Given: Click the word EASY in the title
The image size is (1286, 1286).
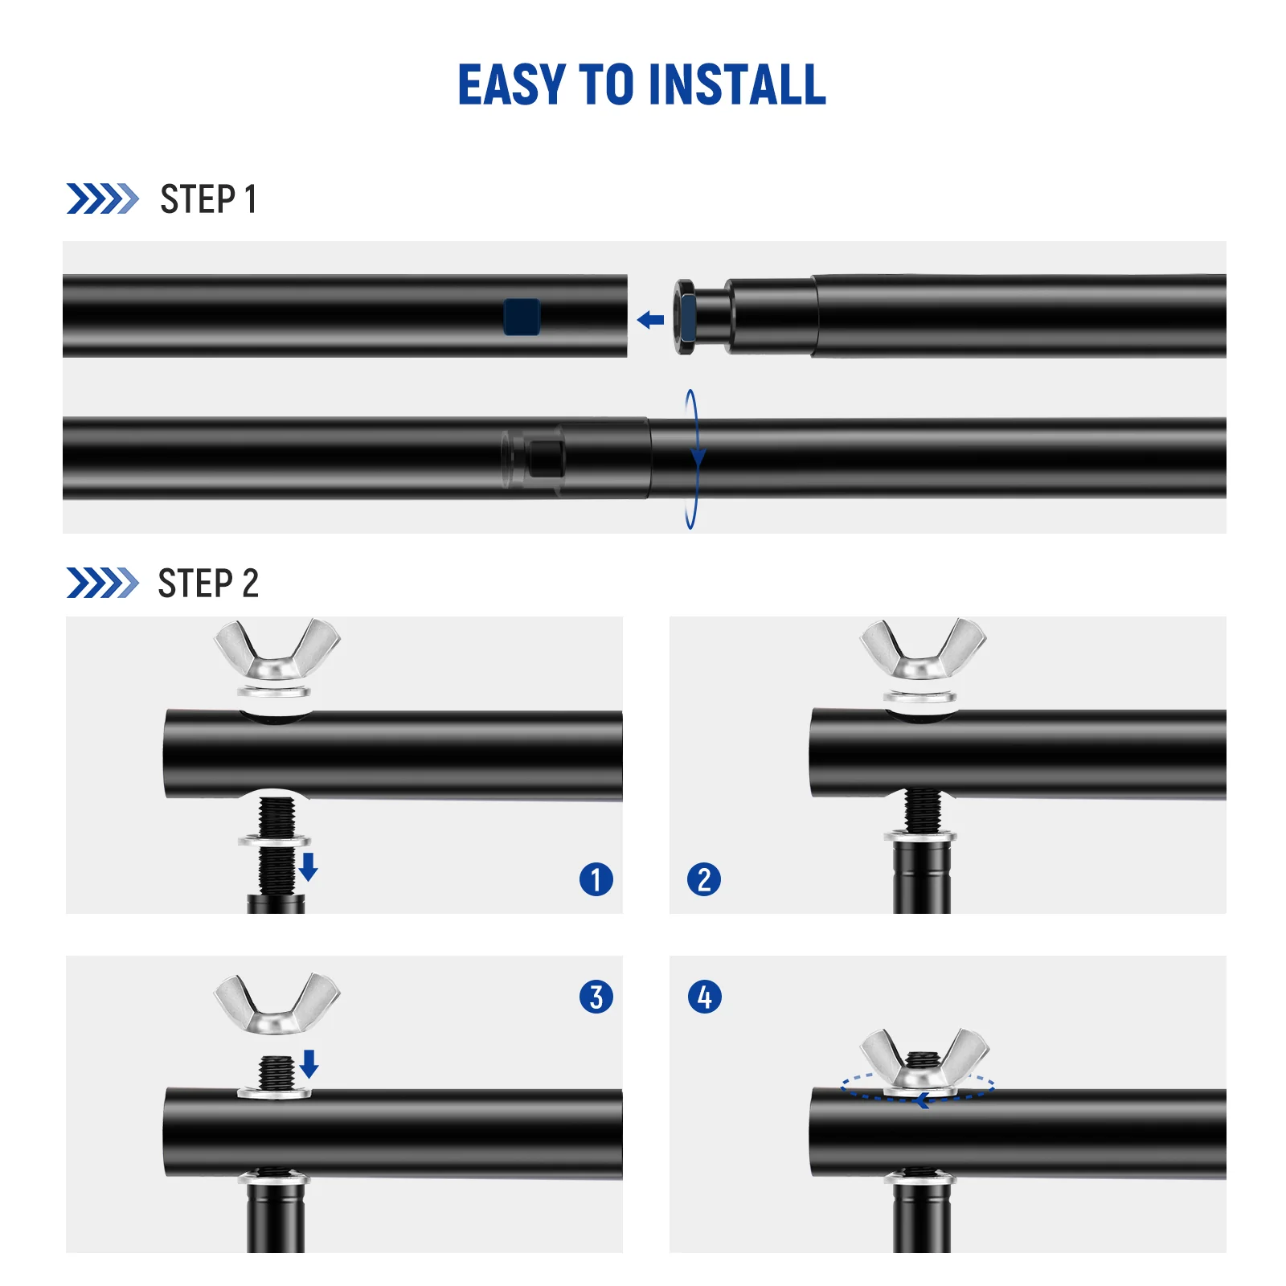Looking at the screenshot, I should (511, 85).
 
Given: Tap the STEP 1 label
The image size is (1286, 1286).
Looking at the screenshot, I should (208, 199).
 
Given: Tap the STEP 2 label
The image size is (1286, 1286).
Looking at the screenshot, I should (208, 584).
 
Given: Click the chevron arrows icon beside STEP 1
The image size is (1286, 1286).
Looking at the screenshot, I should (102, 199).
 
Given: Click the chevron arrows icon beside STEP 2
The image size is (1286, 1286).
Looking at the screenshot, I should (102, 583).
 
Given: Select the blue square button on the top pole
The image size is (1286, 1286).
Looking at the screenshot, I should (522, 317).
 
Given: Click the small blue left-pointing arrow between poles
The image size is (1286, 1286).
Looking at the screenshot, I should (650, 321).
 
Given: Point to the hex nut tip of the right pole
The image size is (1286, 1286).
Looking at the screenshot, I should (686, 316).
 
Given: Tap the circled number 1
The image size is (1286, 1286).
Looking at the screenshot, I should (596, 879).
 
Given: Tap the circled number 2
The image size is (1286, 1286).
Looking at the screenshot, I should (704, 879).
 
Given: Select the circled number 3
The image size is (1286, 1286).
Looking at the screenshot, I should (596, 997).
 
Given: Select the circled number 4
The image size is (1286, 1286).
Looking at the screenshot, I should (705, 997).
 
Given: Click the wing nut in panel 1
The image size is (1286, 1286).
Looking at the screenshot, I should (276, 651).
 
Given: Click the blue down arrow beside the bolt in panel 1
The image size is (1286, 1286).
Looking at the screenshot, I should (309, 867).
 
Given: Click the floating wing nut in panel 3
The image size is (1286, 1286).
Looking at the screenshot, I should (276, 1005).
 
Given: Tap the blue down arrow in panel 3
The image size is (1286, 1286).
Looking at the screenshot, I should (309, 1063).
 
